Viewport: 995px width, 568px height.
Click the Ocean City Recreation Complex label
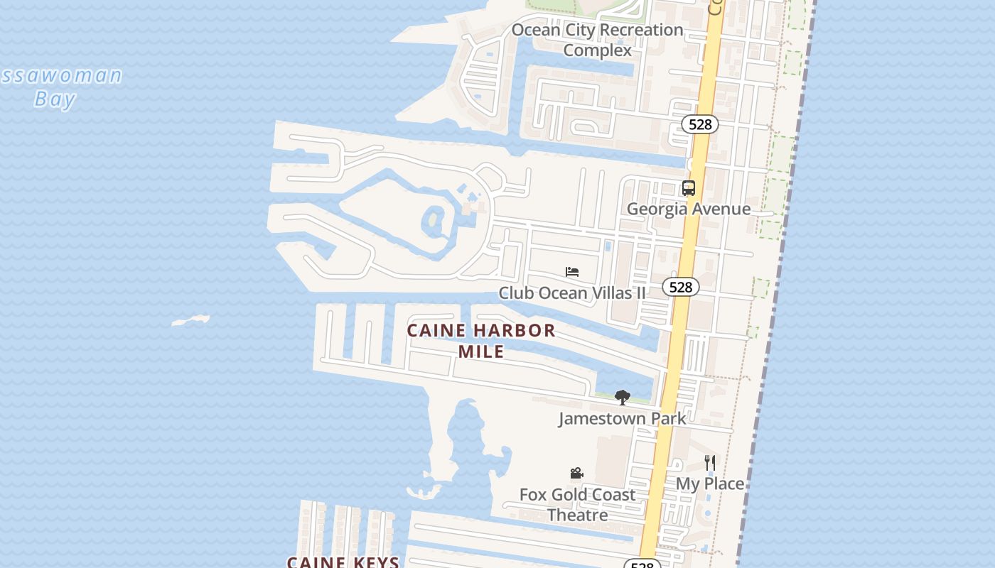[597, 40]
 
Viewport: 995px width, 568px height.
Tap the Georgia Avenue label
[688, 209]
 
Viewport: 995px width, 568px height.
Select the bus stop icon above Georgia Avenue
[688, 188]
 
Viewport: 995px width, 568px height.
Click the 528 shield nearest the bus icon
[700, 124]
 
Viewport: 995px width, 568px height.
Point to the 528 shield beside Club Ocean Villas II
[681, 287]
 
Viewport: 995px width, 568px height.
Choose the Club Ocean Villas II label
[572, 293]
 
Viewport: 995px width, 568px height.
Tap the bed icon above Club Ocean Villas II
[572, 272]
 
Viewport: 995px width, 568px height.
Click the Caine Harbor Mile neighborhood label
[481, 341]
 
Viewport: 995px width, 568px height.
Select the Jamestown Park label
[622, 418]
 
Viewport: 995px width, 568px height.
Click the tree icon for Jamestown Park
[623, 398]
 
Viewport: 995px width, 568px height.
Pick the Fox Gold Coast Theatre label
[577, 504]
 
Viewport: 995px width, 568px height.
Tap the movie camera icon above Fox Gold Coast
[577, 474]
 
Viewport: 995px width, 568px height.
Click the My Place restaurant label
[709, 484]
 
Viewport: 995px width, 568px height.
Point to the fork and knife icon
[709, 463]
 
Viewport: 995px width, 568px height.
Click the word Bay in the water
[55, 99]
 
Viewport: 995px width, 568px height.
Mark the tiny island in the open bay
[190, 321]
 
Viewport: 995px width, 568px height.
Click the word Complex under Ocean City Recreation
[597, 50]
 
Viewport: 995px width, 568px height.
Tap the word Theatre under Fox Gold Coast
[577, 515]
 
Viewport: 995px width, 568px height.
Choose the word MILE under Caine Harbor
[481, 351]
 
